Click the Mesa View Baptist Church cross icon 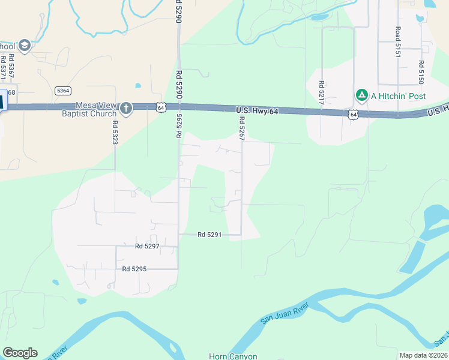[125, 109]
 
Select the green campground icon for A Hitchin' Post [361, 95]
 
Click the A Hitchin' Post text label [399, 96]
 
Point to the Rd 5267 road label [242, 128]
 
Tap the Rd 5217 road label [322, 93]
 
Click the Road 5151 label [397, 42]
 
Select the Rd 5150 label [421, 72]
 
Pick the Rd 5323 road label [115, 133]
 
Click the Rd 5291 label [210, 235]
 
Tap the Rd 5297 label [147, 246]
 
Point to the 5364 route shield [62, 91]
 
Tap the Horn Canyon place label [233, 356]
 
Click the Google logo [20, 353]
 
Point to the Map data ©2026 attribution [423, 355]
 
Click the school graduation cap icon [25, 46]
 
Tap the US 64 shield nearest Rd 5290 [160, 107]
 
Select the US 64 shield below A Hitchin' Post [352, 114]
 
